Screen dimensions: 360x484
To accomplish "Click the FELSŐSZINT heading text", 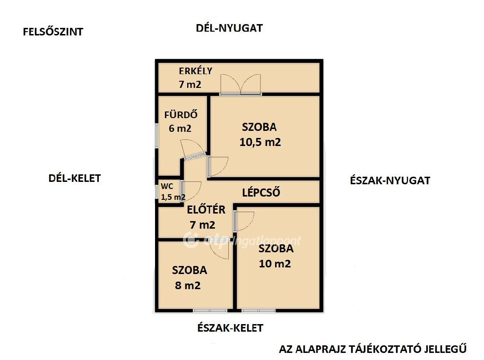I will pos(53,32).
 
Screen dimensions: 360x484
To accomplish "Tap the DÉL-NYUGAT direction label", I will pos(229,28).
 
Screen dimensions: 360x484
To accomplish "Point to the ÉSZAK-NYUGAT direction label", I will pos(390,180).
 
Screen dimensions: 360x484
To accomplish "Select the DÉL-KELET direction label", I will pos(75,178).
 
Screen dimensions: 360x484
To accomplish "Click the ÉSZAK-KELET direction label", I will pos(230,328).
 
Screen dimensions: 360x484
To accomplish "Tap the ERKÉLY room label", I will pos(195,71).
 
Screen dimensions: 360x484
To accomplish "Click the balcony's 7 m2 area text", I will pos(190,85).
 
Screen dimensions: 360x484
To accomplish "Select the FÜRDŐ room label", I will pos(180,114).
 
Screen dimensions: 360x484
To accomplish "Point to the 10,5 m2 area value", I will pos(260,142).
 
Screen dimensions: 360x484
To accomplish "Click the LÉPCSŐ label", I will pos(261,192).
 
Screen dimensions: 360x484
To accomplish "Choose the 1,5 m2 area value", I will pos(173,197).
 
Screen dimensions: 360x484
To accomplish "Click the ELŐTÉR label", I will pos(206,210).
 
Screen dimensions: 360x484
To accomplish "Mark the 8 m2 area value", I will pos(188,285).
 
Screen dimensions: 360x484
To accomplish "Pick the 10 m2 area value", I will pos(275,264).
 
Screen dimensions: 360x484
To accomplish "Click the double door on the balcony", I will pos(241,86).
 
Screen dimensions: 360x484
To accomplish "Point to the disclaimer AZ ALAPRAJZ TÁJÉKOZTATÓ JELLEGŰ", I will pos(373,349).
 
